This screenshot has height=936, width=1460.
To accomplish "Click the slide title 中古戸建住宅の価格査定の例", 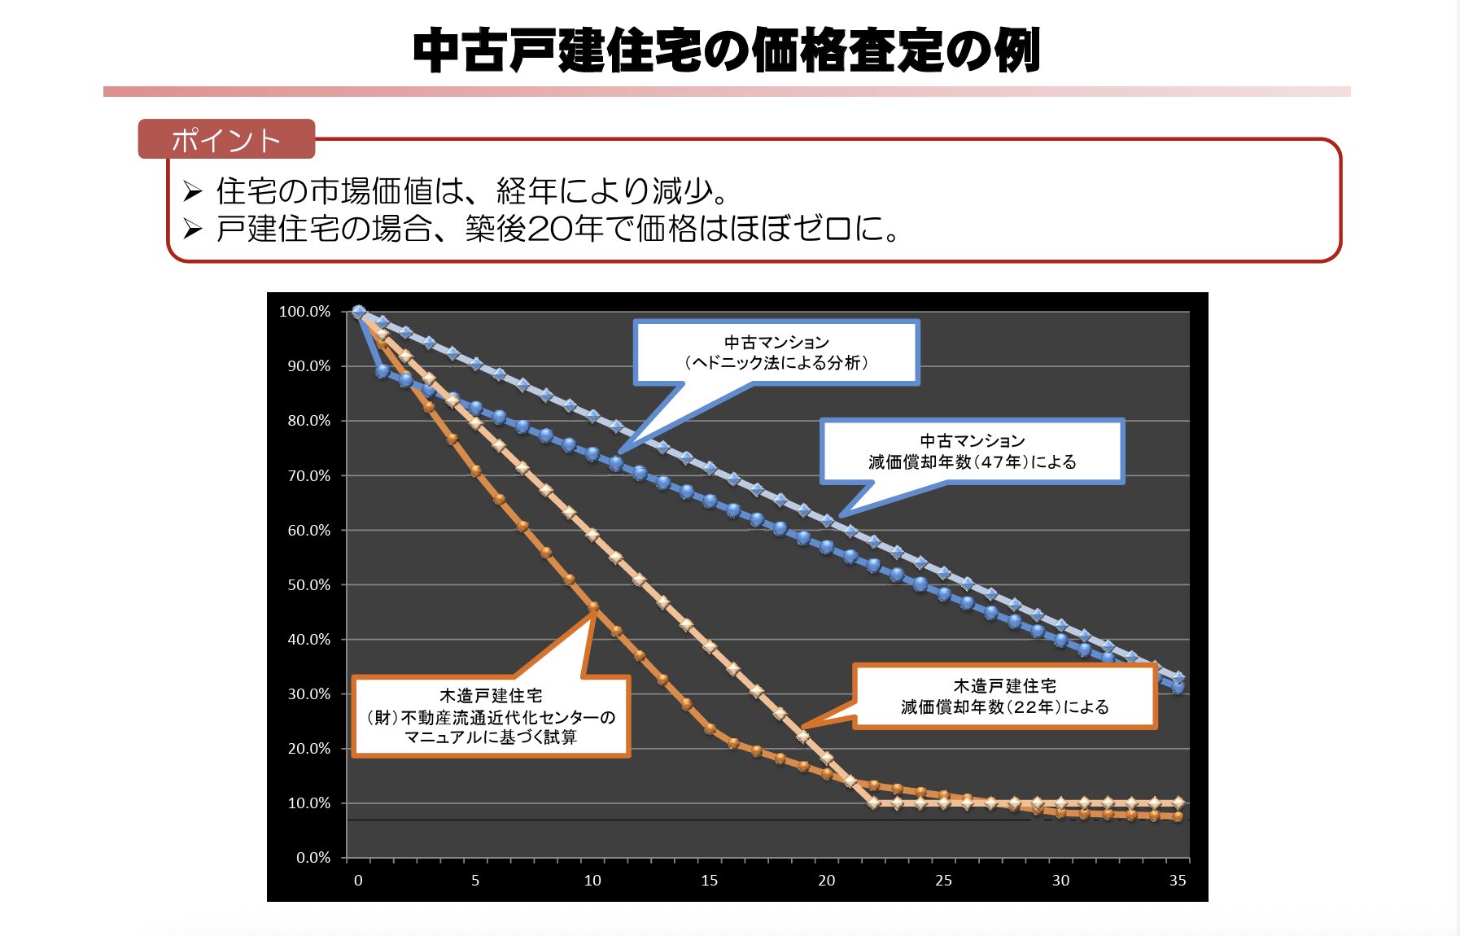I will [x=726, y=50].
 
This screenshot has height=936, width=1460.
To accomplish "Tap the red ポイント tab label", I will [x=225, y=140].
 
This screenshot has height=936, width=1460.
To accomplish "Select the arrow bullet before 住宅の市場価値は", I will [x=192, y=191].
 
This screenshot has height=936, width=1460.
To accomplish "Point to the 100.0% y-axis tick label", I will [x=304, y=312].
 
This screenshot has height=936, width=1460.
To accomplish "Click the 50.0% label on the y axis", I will [x=308, y=585].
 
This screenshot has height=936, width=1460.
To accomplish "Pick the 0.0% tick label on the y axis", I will [x=313, y=858].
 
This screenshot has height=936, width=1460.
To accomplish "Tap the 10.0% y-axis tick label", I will [x=308, y=803].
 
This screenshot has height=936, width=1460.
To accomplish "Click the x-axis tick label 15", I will [x=709, y=881].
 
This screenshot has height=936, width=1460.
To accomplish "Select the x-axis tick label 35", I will [x=1178, y=881].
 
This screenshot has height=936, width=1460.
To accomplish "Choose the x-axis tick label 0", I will [x=358, y=881].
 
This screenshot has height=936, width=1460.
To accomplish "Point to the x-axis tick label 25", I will [x=943, y=881].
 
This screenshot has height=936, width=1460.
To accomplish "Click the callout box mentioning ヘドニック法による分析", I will [x=776, y=352].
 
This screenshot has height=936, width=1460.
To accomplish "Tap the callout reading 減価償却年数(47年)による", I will [x=972, y=452].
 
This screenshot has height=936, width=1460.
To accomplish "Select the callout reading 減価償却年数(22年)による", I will [x=1004, y=697].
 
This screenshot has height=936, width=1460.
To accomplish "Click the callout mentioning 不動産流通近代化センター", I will [x=491, y=717].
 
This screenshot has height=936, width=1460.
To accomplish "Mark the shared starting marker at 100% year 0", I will [x=359, y=312].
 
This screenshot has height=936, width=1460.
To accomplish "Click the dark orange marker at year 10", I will [x=593, y=607].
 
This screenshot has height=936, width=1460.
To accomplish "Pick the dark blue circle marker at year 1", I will [x=382, y=370].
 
